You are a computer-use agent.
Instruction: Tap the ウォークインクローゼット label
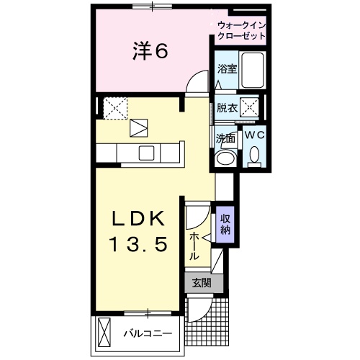(x=240, y=30)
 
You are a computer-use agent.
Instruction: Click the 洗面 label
(x=225, y=138)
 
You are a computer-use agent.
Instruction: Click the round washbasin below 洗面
(x=225, y=158)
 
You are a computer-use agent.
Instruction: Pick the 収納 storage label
(x=225, y=224)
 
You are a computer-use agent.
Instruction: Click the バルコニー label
(x=146, y=334)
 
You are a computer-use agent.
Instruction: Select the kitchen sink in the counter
(x=147, y=152)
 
